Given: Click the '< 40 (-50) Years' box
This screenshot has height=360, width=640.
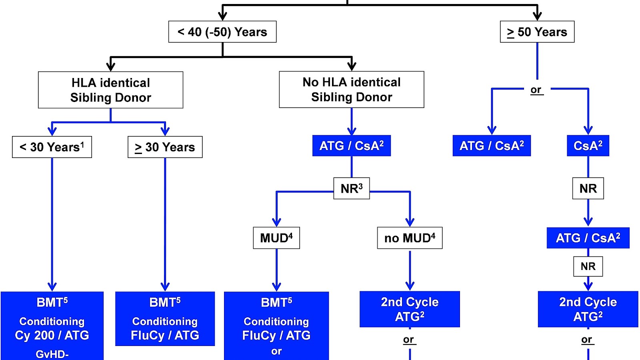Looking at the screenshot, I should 222,32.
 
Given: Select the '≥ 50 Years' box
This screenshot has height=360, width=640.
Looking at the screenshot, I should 537,32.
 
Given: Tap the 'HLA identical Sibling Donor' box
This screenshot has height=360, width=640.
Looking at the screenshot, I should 111,90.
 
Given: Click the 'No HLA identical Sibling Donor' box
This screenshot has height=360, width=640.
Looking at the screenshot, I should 352,90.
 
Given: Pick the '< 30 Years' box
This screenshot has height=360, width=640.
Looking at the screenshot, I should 52,147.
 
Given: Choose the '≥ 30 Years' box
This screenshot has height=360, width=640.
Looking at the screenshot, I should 165,147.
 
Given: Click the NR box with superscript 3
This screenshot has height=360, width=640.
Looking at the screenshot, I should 352,188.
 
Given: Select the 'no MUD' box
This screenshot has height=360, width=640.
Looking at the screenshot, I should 410,238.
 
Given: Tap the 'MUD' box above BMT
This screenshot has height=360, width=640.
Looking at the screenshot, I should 276,238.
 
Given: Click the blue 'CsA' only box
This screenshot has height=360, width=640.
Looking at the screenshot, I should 588,146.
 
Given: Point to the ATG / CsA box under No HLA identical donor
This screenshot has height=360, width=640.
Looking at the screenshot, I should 352,146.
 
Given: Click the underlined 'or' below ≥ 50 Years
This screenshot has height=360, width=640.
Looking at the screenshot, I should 536,90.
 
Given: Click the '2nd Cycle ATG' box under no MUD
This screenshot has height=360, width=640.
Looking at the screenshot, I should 410,309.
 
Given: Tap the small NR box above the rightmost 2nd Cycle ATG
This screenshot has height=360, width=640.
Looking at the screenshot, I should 588,266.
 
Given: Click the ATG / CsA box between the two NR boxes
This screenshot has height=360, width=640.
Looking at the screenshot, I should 588,238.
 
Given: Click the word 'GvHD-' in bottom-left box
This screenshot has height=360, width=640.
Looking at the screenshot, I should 52,354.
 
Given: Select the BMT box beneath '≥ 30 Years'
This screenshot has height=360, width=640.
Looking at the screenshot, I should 165,319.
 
